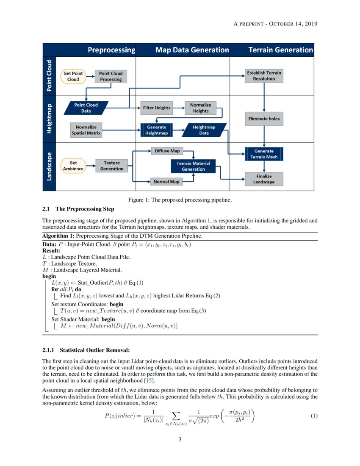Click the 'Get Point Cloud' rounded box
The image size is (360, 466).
point(73,76)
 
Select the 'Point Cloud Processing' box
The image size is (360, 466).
point(111,76)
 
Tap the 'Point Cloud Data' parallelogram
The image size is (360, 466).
point(86,108)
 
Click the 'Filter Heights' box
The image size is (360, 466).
point(157,108)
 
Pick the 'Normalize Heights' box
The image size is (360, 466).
point(201,108)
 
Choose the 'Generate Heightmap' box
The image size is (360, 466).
point(157,130)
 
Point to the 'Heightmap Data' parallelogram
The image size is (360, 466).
point(204,130)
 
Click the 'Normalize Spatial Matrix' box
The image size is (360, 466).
point(86,130)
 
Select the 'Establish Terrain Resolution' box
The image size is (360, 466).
point(264,76)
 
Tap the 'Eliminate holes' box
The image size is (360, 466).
point(264,119)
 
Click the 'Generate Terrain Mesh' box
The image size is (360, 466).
point(264,154)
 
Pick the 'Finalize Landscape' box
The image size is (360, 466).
point(264,179)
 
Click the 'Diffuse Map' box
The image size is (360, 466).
point(167,151)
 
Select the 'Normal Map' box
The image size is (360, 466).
point(166,182)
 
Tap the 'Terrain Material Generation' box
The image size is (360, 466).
point(193,166)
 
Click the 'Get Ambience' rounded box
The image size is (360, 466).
point(73,166)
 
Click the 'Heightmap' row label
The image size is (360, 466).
point(49,119)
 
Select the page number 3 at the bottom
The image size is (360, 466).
point(180,439)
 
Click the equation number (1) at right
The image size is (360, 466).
point(314,416)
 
